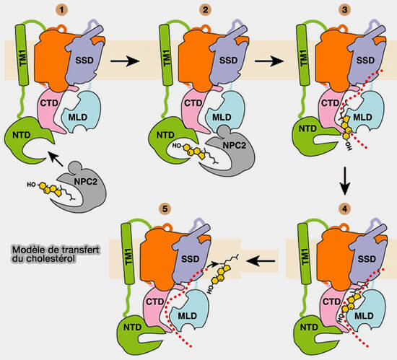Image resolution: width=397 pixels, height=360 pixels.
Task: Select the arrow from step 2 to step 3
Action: coord(270,63)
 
